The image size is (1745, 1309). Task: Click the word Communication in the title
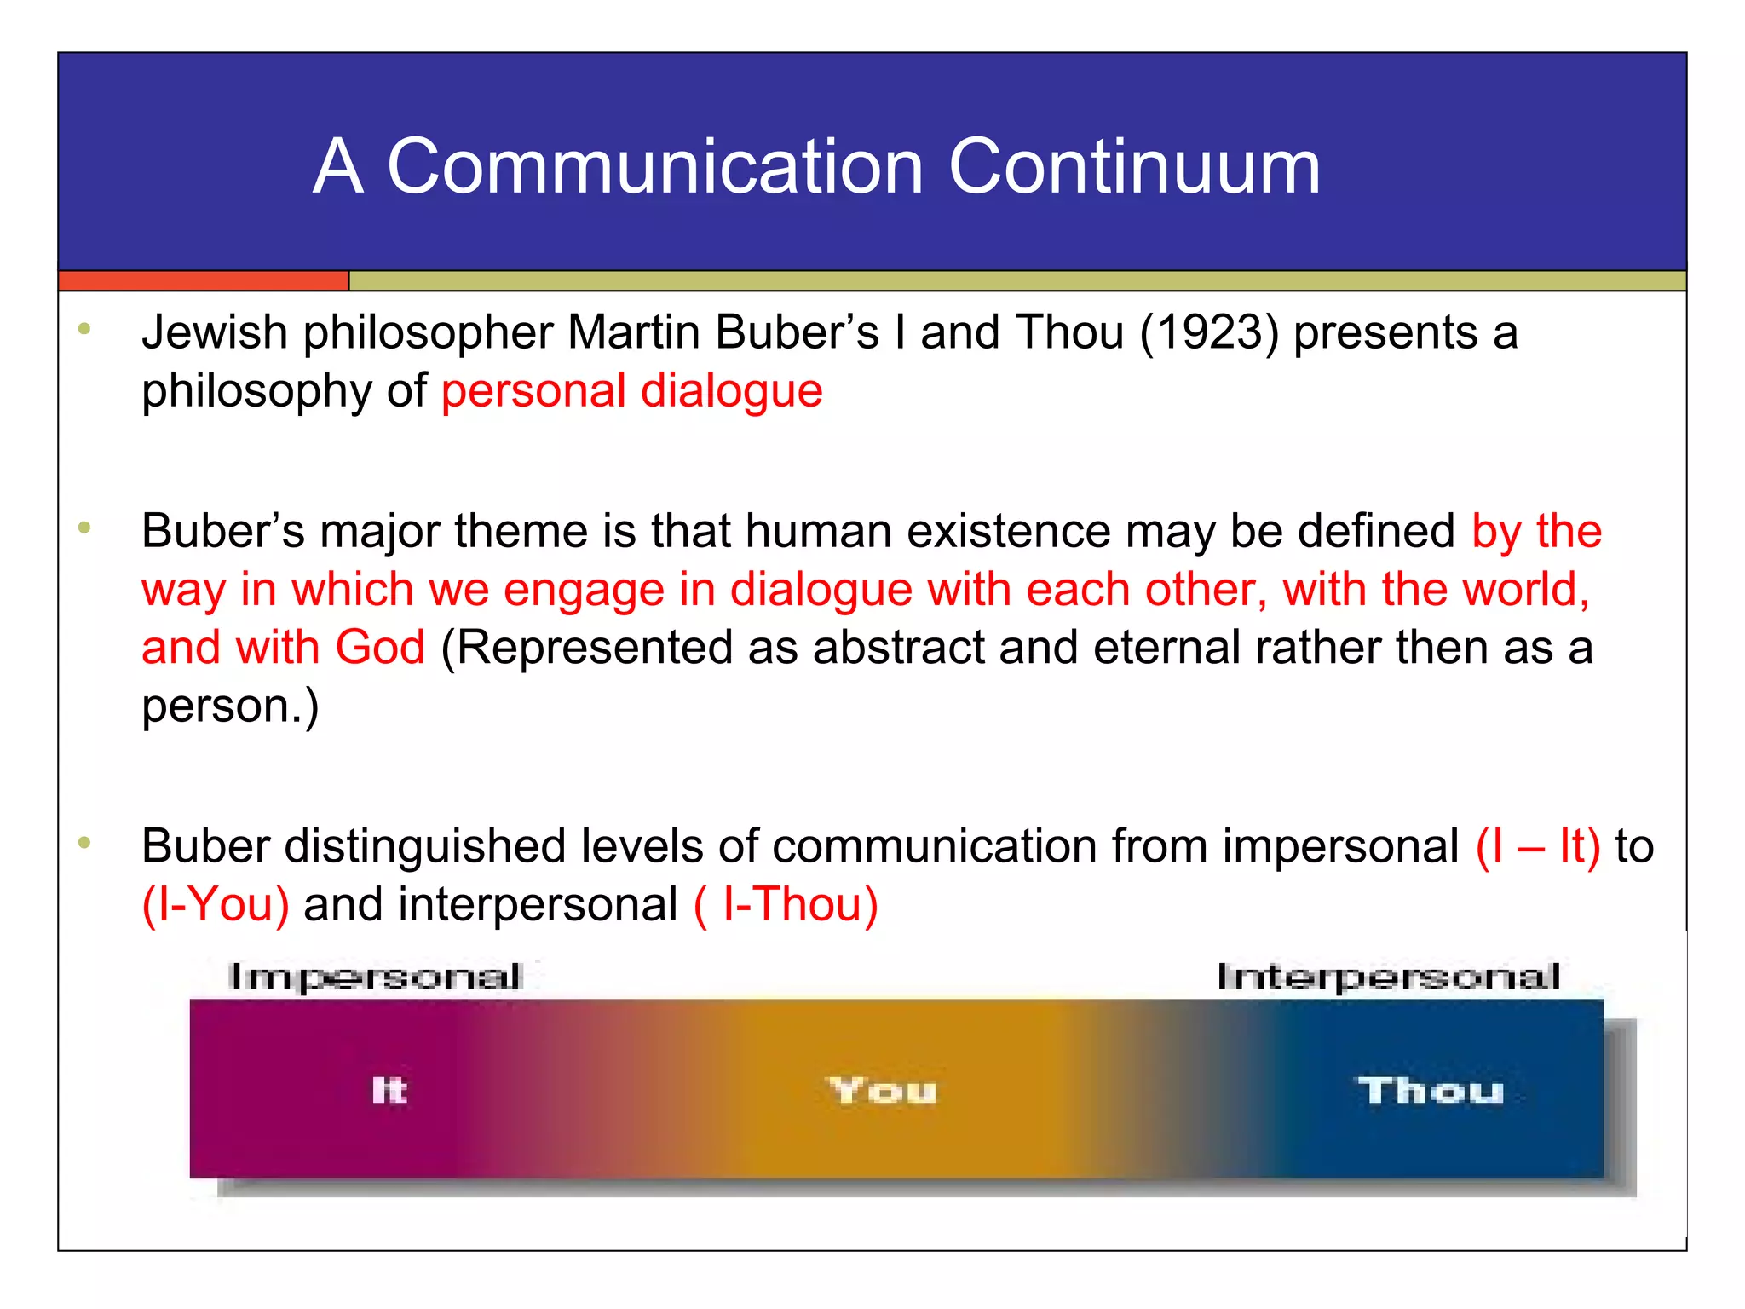click(x=655, y=166)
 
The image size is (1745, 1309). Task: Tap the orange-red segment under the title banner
click(x=203, y=280)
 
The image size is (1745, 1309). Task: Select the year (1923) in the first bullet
click(x=1209, y=332)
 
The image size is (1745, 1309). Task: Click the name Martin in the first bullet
click(x=635, y=332)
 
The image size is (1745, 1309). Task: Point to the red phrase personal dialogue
click(x=631, y=391)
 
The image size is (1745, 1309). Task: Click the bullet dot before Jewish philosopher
click(x=84, y=329)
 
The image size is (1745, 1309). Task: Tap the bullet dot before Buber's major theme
click(x=84, y=528)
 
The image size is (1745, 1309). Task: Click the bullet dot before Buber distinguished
click(x=84, y=843)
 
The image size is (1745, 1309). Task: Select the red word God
click(x=379, y=647)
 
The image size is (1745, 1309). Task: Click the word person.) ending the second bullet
click(x=230, y=706)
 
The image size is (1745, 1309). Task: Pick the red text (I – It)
click(x=1538, y=846)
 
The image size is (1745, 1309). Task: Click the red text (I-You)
click(x=216, y=905)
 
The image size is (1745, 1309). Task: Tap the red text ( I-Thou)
click(x=786, y=905)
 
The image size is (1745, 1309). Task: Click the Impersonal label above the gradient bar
click(x=375, y=977)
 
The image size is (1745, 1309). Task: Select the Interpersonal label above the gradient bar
click(x=1388, y=977)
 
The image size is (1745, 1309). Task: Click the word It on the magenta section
click(x=389, y=1090)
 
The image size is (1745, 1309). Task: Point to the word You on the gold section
click(x=883, y=1091)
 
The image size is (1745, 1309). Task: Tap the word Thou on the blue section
click(x=1431, y=1091)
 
